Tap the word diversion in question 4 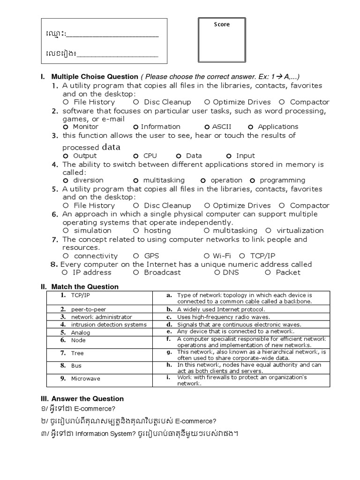pos(89,180)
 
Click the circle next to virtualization pos(268,231)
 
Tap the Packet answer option pos(288,272)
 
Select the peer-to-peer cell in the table pos(82,310)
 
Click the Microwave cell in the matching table pos(85,378)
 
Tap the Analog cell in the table pos(81,332)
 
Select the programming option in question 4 pos(282,180)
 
